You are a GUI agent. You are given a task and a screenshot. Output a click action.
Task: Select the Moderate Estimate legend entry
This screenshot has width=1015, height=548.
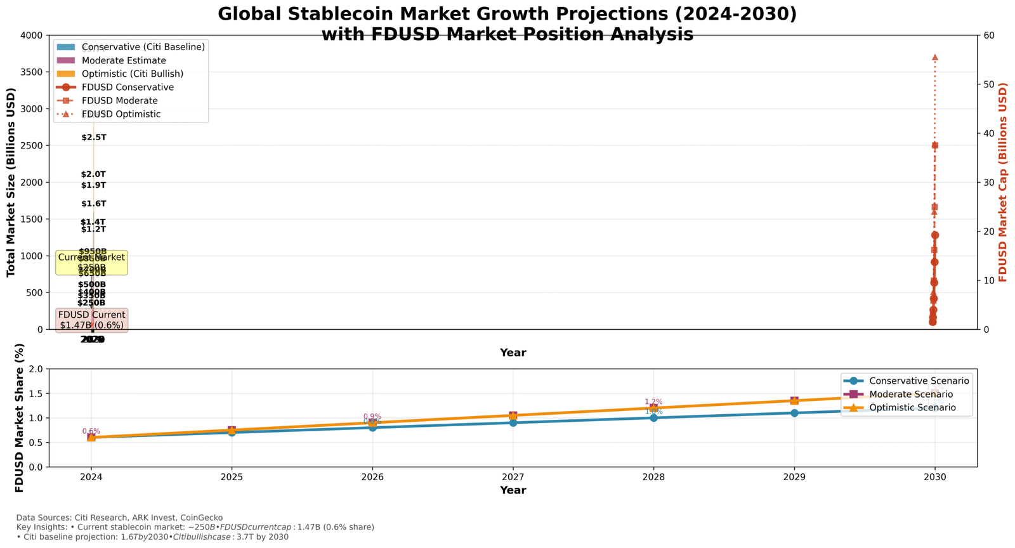124,60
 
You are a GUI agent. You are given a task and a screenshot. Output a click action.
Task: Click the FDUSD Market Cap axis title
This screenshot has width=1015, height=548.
1003,182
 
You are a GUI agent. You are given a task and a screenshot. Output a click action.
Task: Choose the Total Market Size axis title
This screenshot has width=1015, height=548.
11,182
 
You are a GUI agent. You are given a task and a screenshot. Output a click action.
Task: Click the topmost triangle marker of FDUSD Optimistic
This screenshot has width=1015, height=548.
934,58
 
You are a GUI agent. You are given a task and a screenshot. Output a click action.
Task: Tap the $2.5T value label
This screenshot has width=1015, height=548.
94,138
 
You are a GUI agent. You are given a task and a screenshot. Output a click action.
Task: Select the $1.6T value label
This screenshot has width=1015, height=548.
94,204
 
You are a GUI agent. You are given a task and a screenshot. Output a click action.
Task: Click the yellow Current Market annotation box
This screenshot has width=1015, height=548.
91,263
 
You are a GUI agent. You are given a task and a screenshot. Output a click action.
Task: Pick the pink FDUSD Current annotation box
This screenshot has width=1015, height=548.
91,320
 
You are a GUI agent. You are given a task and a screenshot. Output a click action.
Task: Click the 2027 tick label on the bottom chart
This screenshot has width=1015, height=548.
513,476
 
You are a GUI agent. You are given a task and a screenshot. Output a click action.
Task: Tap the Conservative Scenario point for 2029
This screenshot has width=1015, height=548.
794,413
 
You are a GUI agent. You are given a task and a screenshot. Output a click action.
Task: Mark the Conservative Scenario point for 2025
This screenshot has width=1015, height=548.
232,433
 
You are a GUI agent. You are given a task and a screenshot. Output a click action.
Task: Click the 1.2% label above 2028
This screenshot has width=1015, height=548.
653,402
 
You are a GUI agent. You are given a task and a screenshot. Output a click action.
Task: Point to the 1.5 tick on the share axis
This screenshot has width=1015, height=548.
36,394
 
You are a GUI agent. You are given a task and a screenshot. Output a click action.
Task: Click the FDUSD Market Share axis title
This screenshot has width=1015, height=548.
20,418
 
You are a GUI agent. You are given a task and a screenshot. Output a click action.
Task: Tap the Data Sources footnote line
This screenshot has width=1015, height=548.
119,518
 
